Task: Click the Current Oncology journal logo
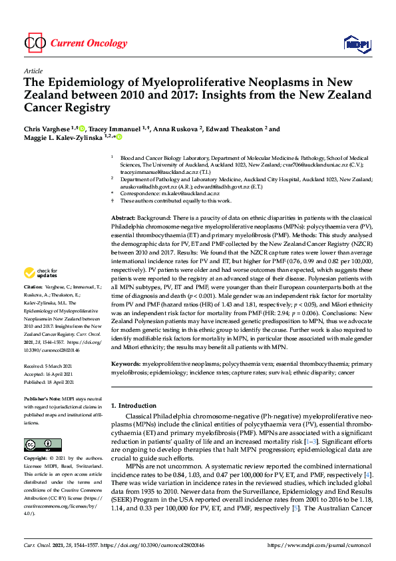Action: pos(75,43)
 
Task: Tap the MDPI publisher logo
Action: pos(356,44)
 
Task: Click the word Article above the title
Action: pos(33,71)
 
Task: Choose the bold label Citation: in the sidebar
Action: pos(35,304)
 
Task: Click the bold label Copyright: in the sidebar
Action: pos(38,459)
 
